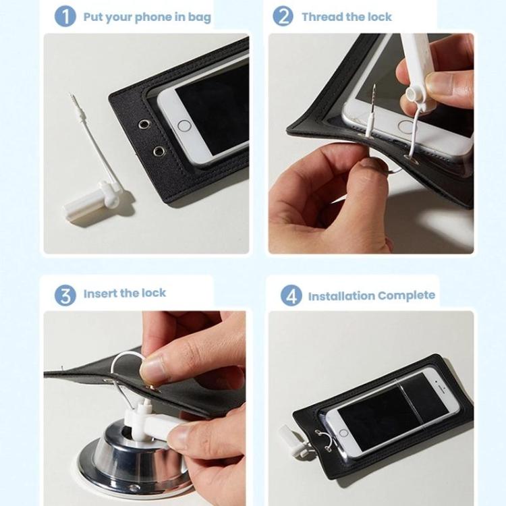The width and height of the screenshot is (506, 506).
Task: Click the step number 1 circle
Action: click(65, 17)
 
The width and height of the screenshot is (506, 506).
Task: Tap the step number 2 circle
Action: click(283, 16)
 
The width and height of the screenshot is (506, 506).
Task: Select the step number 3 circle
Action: click(65, 296)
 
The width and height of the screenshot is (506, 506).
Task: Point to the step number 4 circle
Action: click(291, 296)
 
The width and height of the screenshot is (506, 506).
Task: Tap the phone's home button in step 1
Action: click(184, 126)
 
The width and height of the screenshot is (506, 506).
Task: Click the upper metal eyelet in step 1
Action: click(144, 124)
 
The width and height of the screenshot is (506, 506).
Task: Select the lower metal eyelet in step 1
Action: click(159, 150)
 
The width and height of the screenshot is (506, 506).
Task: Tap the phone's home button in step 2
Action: click(405, 127)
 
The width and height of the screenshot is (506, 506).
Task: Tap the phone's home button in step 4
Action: click(343, 433)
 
